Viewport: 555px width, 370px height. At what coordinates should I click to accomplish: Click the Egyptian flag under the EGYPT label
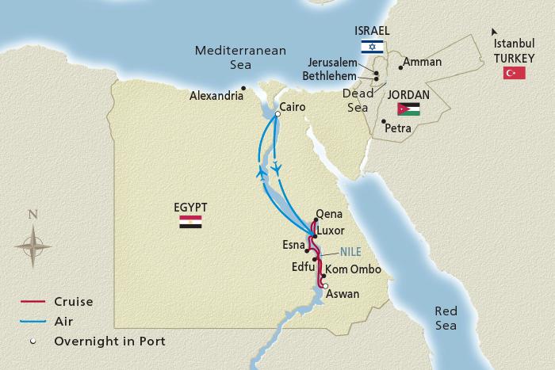pyautogui.click(x=190, y=223)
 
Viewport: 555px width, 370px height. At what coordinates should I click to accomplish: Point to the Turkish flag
pyautogui.click(x=515, y=73)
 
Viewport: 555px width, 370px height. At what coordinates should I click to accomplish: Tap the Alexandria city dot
pyautogui.click(x=244, y=88)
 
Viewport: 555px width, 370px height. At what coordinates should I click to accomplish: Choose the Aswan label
pyautogui.click(x=343, y=294)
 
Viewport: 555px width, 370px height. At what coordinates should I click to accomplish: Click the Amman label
pyautogui.click(x=423, y=61)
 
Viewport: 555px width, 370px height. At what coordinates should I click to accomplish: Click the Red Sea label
pyautogui.click(x=446, y=319)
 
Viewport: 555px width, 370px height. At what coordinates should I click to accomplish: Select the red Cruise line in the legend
pyautogui.click(x=33, y=302)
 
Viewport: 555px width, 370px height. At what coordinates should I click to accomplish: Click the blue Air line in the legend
pyautogui.click(x=33, y=322)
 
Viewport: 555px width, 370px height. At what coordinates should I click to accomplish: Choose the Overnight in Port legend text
pyautogui.click(x=110, y=341)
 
